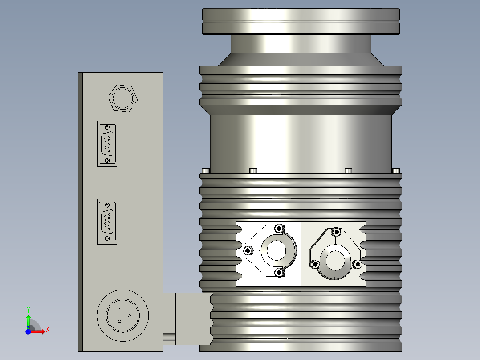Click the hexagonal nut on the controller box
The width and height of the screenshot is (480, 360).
click(x=122, y=98)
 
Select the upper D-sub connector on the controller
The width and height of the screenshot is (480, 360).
click(x=107, y=143)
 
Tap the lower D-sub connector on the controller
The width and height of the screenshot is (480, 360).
click(x=107, y=221)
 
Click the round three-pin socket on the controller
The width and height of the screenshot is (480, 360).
click(x=122, y=315)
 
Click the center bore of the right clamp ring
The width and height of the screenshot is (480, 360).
click(x=334, y=261)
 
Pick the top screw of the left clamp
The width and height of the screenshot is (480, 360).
click(x=279, y=229)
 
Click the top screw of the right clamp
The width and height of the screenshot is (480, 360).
click(x=336, y=231)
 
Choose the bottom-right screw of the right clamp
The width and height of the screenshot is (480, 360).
click(x=357, y=264)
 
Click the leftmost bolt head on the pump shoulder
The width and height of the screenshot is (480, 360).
click(x=205, y=171)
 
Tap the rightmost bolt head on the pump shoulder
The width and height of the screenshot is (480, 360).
click(x=396, y=171)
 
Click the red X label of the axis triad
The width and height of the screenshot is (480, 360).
click(x=47, y=329)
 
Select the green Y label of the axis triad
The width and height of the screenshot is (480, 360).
click(x=28, y=310)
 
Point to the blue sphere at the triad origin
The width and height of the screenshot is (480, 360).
click(x=28, y=331)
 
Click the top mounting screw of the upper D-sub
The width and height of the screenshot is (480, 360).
click(x=107, y=127)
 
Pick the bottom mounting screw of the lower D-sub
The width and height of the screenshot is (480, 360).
click(x=107, y=238)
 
